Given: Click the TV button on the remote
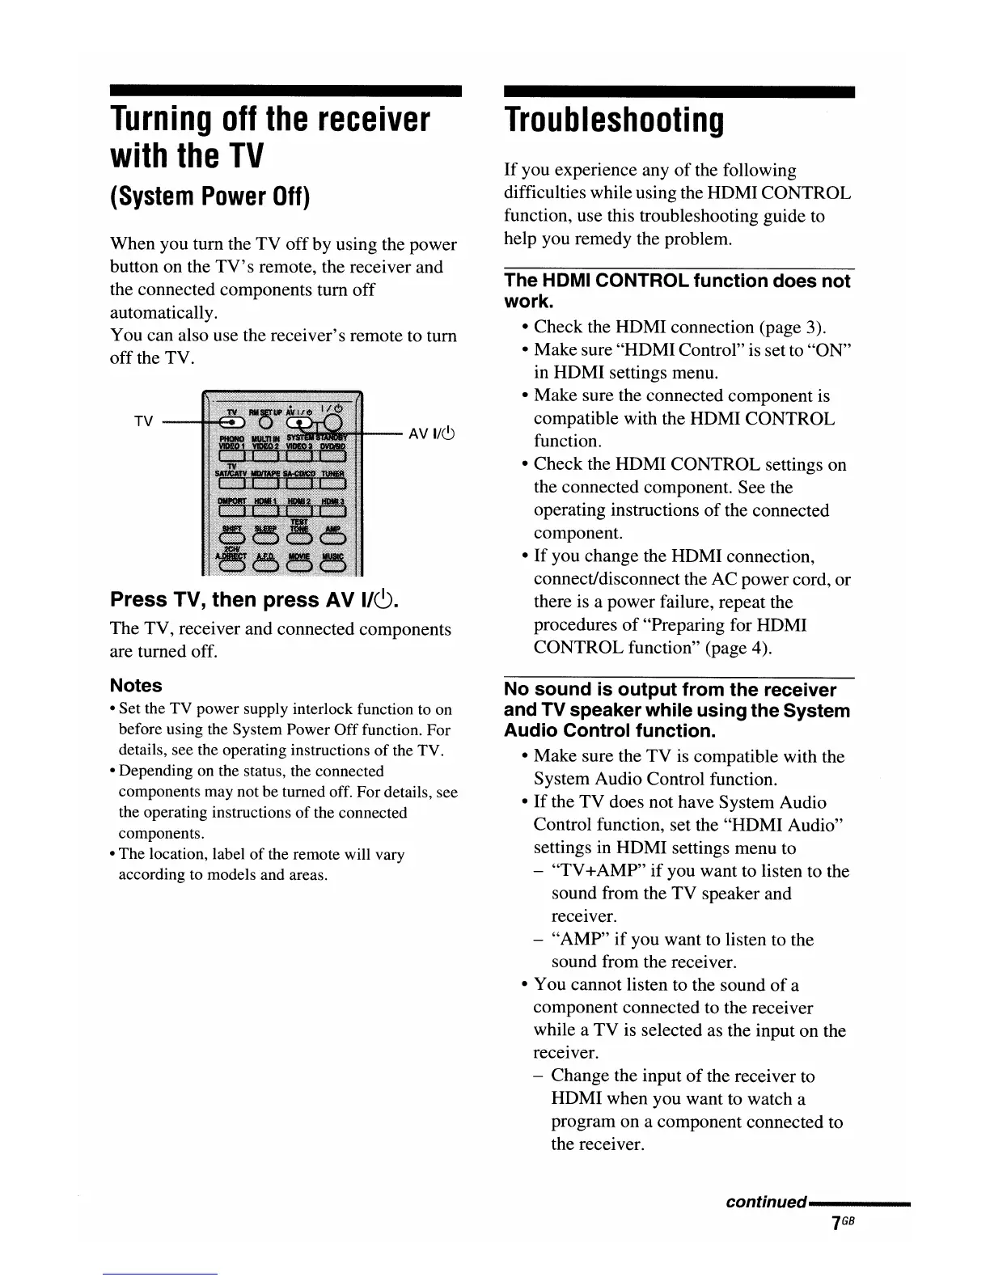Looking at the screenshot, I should point(231,423).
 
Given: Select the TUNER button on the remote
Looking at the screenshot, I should point(333,485).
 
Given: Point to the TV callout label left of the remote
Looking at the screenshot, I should point(144,421).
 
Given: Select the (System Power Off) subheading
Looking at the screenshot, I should point(209,197).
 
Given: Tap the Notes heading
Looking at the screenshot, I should point(136,686).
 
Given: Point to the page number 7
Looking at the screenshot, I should point(833,1222).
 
